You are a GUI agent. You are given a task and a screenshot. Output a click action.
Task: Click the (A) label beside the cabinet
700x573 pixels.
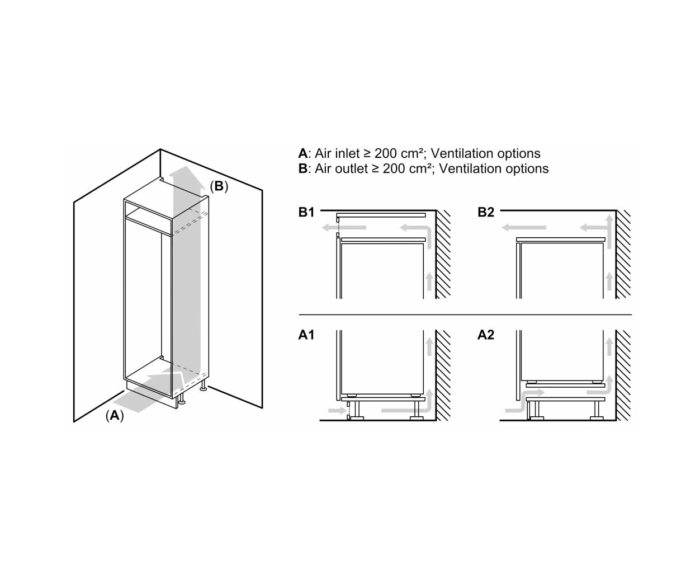tap(115, 415)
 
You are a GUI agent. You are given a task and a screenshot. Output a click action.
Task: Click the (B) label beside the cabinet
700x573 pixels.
tap(219, 186)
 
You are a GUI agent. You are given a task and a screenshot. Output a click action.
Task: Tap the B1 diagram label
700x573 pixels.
tap(306, 212)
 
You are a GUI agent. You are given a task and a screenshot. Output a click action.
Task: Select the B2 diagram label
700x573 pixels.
tap(486, 212)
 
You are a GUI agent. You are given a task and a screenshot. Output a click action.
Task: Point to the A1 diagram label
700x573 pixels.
tap(306, 335)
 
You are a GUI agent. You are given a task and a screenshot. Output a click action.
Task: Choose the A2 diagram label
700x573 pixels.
tap(486, 335)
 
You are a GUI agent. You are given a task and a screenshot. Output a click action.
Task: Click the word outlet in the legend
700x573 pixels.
tap(352, 169)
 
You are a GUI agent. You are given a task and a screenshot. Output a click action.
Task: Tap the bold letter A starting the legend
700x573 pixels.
tap(302, 153)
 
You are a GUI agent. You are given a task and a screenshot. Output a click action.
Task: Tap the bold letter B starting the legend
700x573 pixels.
tap(302, 169)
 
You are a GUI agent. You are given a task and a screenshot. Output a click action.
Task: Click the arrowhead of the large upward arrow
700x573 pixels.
tap(187, 176)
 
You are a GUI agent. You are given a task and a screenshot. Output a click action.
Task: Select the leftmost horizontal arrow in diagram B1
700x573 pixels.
tap(344, 228)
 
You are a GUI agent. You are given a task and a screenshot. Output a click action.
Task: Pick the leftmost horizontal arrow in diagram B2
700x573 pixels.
tap(524, 228)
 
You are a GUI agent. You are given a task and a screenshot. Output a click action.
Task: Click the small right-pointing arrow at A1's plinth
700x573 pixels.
tap(338, 411)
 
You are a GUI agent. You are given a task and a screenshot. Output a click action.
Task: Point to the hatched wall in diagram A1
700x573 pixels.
tap(443, 375)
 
